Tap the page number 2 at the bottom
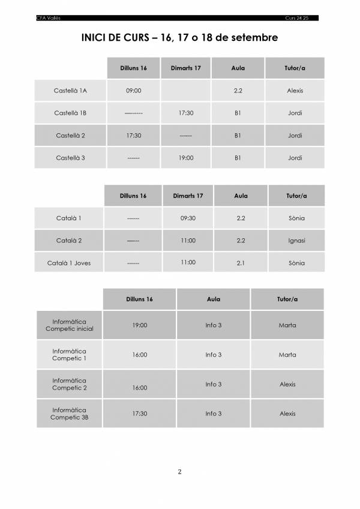[x=179, y=471]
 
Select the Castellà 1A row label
[x=71, y=91]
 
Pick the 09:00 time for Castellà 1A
[x=134, y=91]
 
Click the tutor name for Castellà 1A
[x=295, y=91]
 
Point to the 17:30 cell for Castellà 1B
[x=186, y=113]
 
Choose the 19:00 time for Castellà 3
[x=186, y=158]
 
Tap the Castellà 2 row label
[x=71, y=136]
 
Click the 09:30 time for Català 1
[x=188, y=218]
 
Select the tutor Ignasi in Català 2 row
[x=296, y=241]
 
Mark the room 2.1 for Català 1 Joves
[x=241, y=262]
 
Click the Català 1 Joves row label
[x=70, y=263]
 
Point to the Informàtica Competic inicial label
[x=70, y=325]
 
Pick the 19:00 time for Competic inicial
[x=140, y=325]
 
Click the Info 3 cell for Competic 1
[x=214, y=355]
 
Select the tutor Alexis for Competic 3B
[x=287, y=414]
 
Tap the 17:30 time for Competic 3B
[x=140, y=414]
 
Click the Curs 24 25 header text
[x=302, y=18]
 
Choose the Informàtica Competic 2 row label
[x=70, y=384]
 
